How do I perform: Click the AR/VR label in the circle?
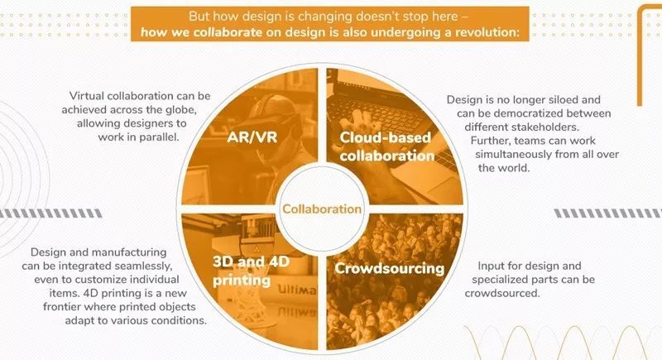pyautogui.click(x=252, y=137)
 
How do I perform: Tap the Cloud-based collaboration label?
pyautogui.click(x=386, y=146)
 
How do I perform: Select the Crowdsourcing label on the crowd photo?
pyautogui.click(x=389, y=268)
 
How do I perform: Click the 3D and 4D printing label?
pyautogui.click(x=251, y=271)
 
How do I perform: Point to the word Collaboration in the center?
pyautogui.click(x=322, y=209)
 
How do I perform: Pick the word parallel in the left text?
pyautogui.click(x=157, y=137)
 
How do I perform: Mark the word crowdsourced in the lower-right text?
pyautogui.click(x=502, y=293)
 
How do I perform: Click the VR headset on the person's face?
pyautogui.click(x=281, y=126)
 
